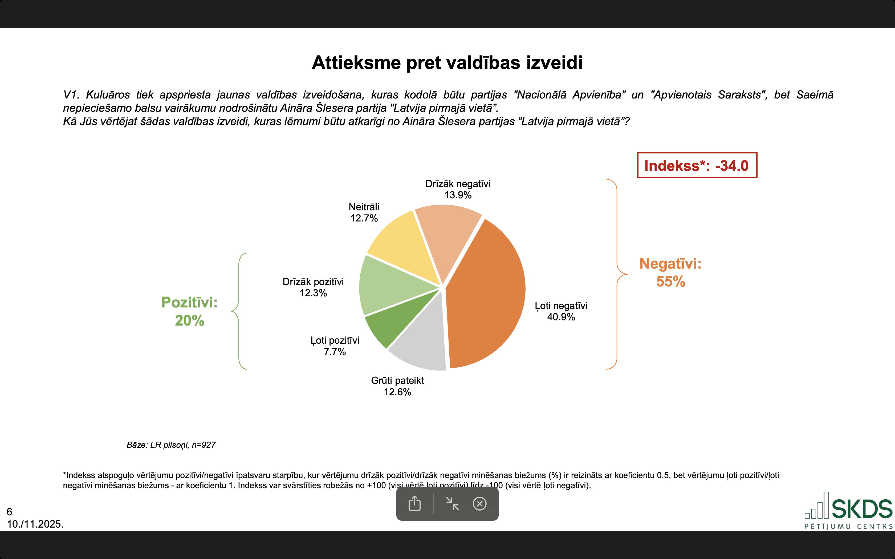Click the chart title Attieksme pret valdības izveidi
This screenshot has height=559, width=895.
pos(447,63)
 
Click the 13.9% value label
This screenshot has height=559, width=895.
pos(458,195)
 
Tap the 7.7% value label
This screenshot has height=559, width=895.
pos(335,352)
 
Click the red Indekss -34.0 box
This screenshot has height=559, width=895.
pos(697,165)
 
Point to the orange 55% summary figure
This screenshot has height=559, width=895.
pos(670,282)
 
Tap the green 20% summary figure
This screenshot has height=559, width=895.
pos(189,320)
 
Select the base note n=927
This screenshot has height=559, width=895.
pos(171,445)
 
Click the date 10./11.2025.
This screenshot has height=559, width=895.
pos(35,524)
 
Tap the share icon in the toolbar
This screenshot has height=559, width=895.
pos(414,504)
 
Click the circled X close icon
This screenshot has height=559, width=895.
pos(480,504)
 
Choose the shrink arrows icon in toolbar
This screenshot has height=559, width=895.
pos(452,504)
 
